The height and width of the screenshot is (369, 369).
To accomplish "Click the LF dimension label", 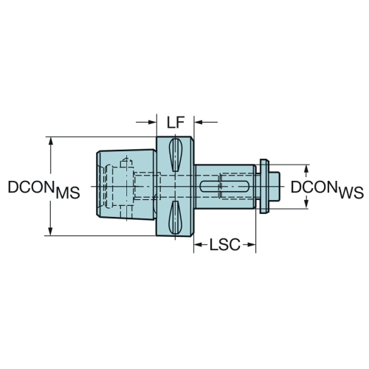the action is (x=176, y=123).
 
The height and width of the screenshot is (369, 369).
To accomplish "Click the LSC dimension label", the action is (x=225, y=245).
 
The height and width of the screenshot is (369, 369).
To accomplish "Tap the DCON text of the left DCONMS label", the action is (x=31, y=187).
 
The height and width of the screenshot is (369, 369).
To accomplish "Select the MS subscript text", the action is (x=68, y=193).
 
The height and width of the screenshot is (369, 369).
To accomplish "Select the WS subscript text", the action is (x=351, y=193).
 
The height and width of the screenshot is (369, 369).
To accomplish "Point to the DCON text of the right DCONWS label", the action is (x=314, y=187).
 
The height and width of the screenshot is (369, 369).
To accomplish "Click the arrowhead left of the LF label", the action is (x=152, y=122).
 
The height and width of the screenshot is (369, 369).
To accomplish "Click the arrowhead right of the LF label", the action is (x=199, y=122).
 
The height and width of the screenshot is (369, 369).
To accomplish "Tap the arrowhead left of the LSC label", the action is (x=199, y=245).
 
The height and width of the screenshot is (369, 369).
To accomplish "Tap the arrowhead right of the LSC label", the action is (x=251, y=245).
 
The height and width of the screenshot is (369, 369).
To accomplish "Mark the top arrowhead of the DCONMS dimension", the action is (x=51, y=142).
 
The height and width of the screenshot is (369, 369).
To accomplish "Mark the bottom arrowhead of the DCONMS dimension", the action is (x=50, y=231).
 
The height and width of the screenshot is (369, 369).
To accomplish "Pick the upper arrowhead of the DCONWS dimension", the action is (x=306, y=170).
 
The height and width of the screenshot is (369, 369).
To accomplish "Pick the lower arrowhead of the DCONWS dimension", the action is (x=306, y=204).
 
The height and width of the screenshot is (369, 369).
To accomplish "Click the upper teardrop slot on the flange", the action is (x=175, y=155).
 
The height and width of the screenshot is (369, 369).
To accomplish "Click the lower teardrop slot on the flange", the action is (x=175, y=217).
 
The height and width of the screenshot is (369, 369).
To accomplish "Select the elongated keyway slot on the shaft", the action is (x=224, y=186).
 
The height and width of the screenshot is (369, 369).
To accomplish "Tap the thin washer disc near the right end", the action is (x=264, y=186).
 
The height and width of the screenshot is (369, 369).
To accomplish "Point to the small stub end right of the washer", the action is (x=275, y=186).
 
